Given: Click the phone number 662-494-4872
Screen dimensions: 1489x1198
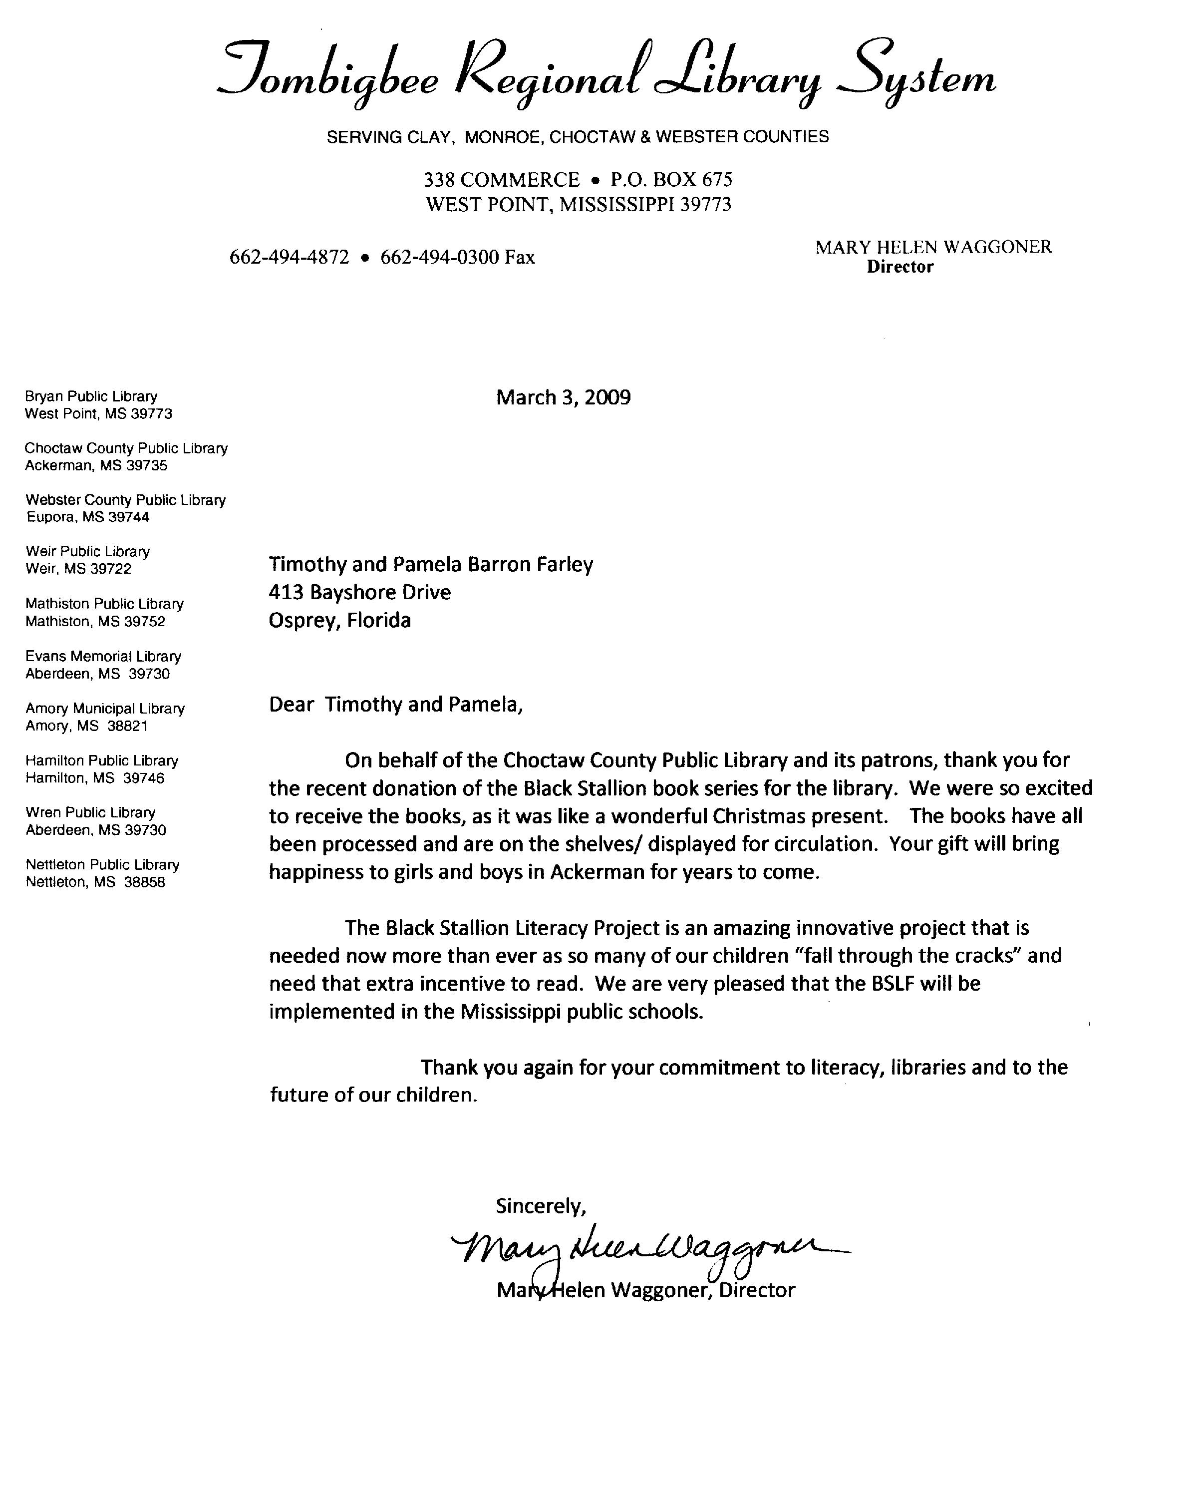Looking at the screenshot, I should click(x=290, y=258).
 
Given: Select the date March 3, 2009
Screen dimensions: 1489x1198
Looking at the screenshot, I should click(x=563, y=398).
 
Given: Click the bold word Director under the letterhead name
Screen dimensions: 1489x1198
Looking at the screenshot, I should click(x=899, y=267).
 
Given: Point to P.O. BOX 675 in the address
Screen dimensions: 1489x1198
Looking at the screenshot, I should click(x=671, y=180).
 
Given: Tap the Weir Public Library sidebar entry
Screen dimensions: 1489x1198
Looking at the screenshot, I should click(x=88, y=552).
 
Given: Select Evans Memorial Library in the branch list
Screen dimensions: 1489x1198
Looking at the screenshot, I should click(x=103, y=657).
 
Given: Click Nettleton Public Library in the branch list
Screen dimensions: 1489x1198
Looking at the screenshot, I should click(x=102, y=865).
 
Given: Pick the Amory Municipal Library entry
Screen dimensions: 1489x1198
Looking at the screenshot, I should click(x=105, y=709).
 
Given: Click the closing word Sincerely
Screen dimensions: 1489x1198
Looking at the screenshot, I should click(x=541, y=1206).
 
